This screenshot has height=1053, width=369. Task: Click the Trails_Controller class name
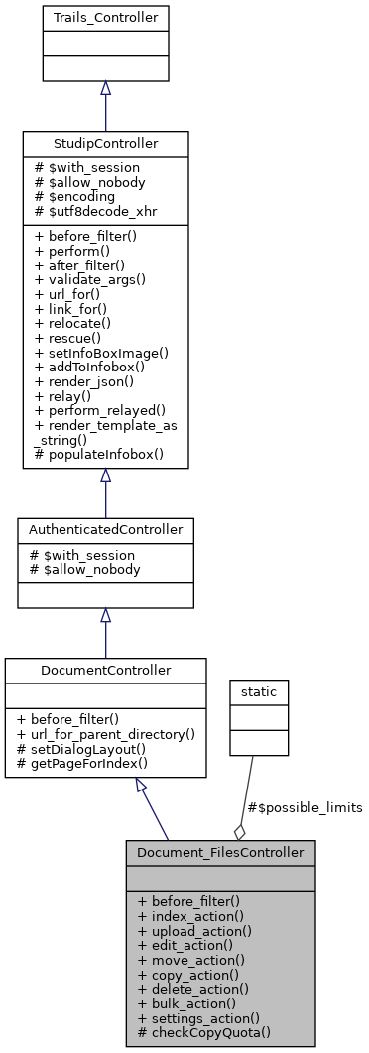point(105,17)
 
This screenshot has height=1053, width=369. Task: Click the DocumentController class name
point(105,671)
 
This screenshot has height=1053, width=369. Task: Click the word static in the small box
point(258,689)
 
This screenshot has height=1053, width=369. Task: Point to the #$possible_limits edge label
point(307,807)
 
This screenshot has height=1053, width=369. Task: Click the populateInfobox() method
point(89,455)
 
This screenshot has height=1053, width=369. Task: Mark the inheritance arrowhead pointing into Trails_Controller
point(105,88)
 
